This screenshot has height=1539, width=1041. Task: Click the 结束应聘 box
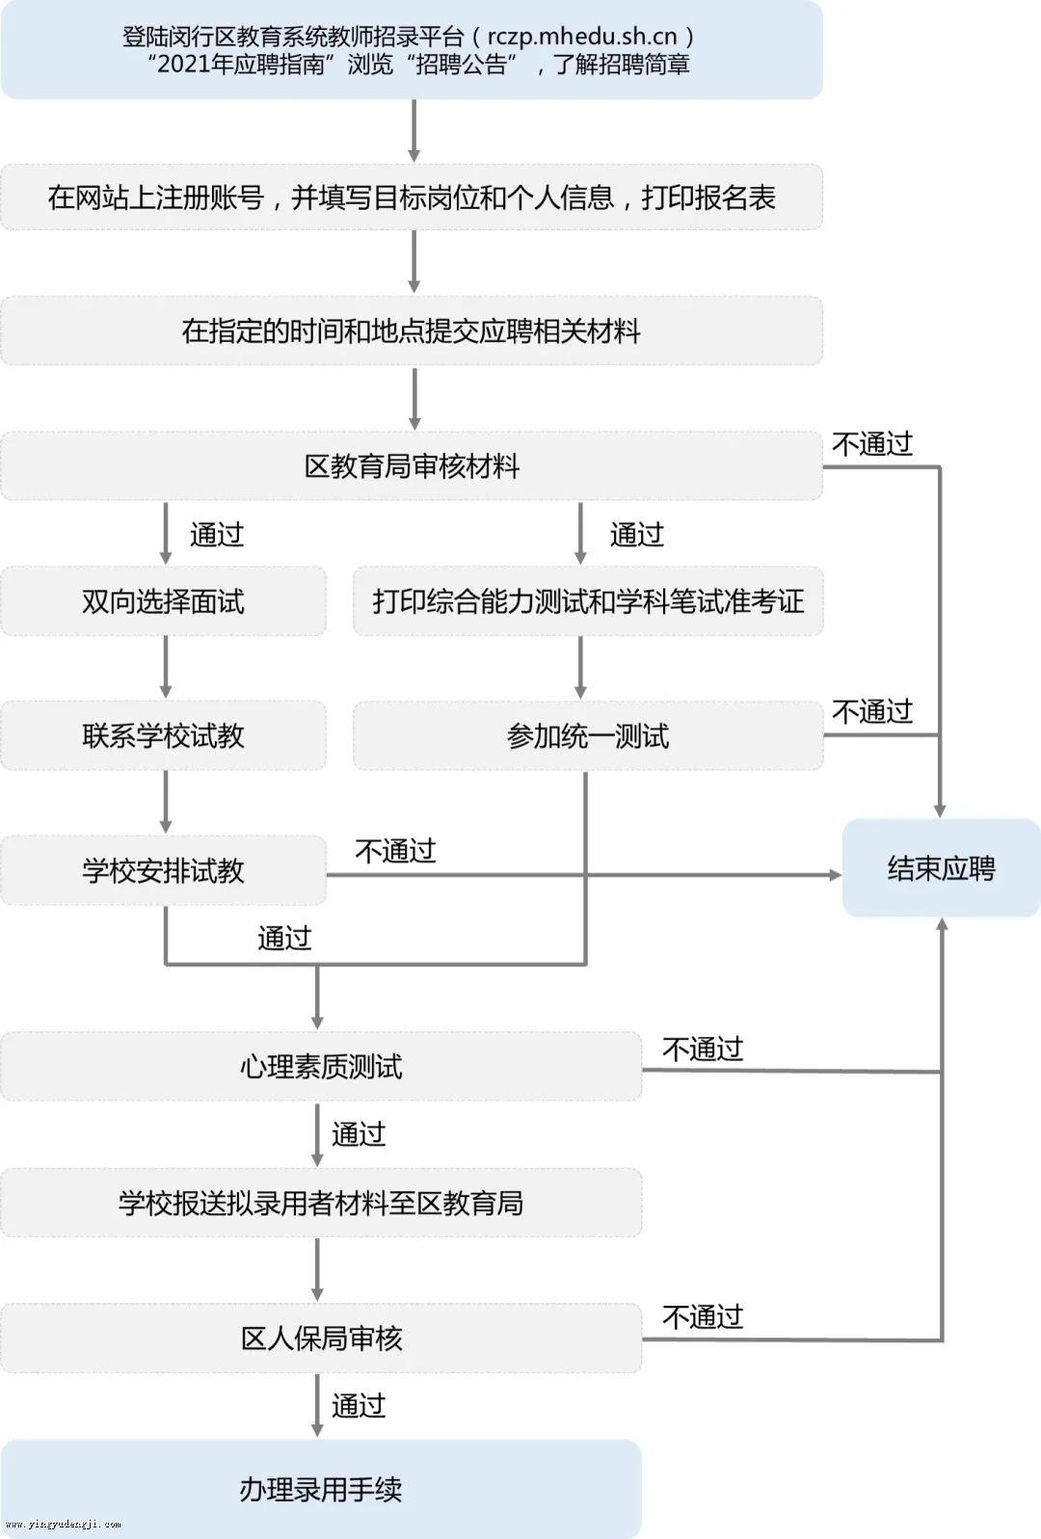pos(941,868)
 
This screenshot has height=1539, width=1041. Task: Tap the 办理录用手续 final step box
pos(321,1488)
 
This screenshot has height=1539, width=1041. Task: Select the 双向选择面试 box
pos(163,601)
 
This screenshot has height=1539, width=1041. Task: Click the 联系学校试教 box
pos(163,736)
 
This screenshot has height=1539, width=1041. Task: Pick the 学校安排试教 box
pos(163,870)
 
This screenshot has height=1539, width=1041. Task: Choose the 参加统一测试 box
pos(588,736)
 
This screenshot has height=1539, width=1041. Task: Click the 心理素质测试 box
pos(321,1067)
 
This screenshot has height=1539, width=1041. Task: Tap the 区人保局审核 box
pos(321,1338)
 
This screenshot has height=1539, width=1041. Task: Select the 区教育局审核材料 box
pos(412,466)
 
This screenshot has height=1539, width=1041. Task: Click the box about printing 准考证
pos(588,601)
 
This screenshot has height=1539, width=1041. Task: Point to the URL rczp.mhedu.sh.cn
pos(582,37)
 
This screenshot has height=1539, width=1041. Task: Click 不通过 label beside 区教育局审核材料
pos(872,444)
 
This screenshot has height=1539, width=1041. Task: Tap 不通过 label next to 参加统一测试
pos(872,711)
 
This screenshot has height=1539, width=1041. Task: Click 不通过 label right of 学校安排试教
pos(395,851)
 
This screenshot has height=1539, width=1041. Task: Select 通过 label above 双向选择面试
pos(217,534)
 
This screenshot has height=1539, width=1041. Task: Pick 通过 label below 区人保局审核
pos(359,1406)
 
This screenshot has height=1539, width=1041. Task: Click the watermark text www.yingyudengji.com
pos(64,1525)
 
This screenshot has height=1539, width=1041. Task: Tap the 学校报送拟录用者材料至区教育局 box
pos(321,1203)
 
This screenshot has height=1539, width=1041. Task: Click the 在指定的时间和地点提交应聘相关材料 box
pos(412,332)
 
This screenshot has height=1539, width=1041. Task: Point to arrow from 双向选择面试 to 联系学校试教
pos(166,667)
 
